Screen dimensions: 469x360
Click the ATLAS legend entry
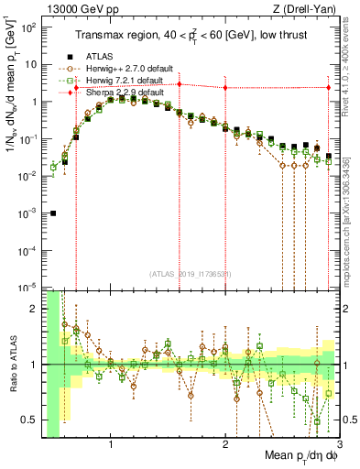pyautogui.click(x=100, y=56)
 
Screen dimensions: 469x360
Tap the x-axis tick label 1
pyautogui.click(x=111, y=446)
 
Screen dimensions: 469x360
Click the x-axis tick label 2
pyautogui.click(x=225, y=446)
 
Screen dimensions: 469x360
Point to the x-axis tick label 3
pyautogui.click(x=338, y=446)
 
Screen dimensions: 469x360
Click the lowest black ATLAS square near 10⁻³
pyautogui.click(x=53, y=213)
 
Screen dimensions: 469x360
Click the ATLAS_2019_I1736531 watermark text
pyautogui.click(x=191, y=274)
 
